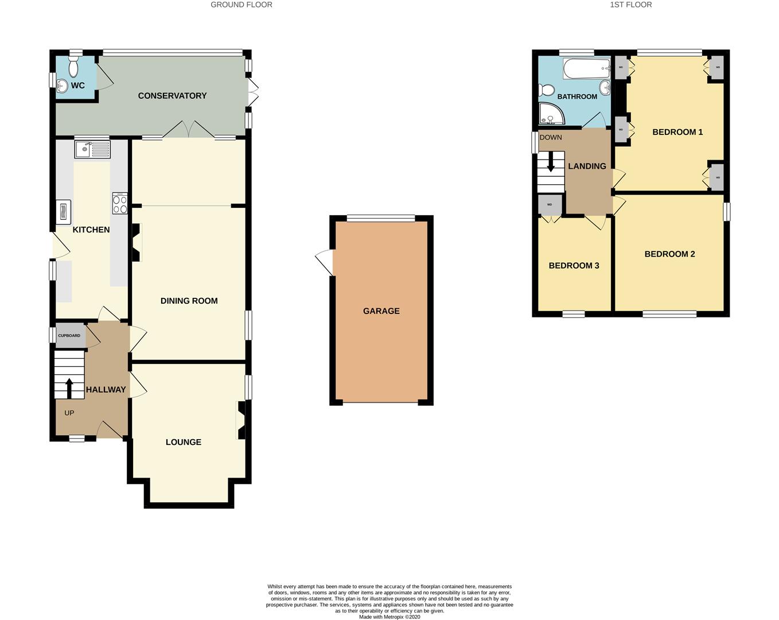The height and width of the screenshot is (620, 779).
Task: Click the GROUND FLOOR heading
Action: [241, 5]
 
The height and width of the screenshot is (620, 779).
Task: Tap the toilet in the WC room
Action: [73, 67]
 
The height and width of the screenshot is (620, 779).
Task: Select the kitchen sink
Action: [92, 150]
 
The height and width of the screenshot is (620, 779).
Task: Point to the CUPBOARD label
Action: [69, 336]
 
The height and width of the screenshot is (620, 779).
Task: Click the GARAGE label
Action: [381, 311]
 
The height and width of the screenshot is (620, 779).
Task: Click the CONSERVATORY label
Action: [172, 96]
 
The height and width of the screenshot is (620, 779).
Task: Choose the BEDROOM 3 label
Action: [574, 266]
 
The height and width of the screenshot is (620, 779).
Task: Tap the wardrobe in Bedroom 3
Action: [550, 205]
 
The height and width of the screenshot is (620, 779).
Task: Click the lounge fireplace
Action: [242, 420]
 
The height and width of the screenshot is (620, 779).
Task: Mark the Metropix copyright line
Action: [389, 617]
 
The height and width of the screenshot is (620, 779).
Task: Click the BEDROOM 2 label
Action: [669, 254]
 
